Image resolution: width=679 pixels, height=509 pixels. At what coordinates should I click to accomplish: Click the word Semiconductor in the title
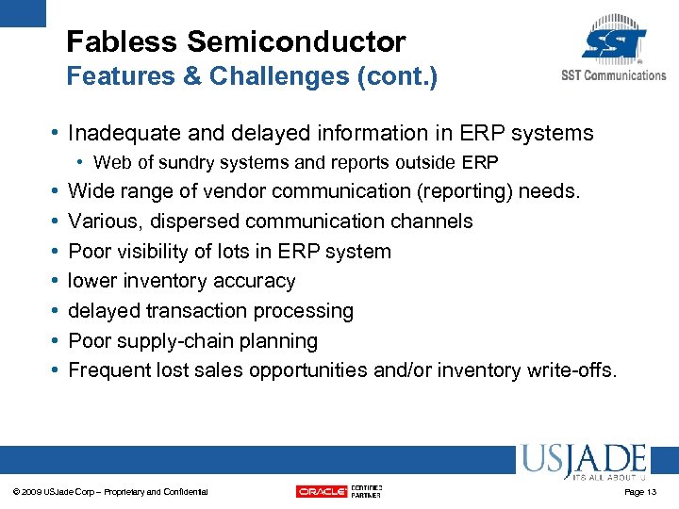(296, 42)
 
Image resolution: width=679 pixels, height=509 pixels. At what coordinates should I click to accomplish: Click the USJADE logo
(582, 461)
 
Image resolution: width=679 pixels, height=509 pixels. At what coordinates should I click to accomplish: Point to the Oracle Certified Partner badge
(339, 491)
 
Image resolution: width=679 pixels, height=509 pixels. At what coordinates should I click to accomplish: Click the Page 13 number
(640, 492)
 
